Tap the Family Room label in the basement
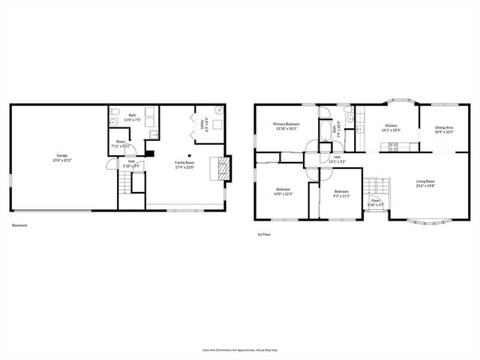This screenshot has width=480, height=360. click(x=184, y=164)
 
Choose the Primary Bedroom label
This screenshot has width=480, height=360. click(x=286, y=125)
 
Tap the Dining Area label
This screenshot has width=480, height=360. click(x=444, y=129)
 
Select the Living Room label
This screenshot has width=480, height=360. click(x=427, y=183)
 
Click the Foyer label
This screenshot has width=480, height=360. click(x=374, y=202)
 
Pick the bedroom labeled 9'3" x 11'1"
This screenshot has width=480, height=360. click(x=341, y=193)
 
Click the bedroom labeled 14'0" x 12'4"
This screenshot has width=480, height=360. click(x=283, y=190)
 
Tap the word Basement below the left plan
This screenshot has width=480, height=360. click(x=20, y=226)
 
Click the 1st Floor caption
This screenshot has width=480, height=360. click(x=263, y=235)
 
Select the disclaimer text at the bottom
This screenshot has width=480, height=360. click(x=239, y=349)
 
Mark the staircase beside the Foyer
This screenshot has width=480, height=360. click(x=375, y=185)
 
